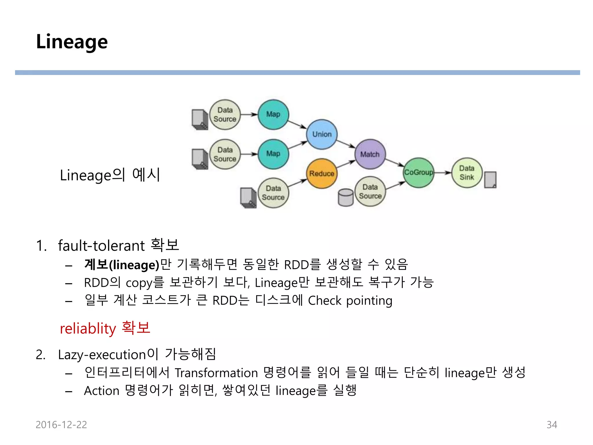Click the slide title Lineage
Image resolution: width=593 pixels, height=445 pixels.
coord(72,42)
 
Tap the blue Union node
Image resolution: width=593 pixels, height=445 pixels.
coord(322,134)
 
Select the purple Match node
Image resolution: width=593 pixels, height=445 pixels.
coord(370,154)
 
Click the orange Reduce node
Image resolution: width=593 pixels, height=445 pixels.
coord(322,174)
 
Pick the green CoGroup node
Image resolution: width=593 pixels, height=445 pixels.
coord(418,172)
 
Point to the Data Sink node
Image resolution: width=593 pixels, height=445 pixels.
coord(467,173)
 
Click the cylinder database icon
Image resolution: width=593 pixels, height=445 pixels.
coord(345,198)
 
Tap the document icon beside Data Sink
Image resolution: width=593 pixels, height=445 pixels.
coord(490,180)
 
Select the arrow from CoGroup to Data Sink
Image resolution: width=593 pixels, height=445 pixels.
coord(443,173)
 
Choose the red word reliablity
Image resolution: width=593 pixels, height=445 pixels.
coord(88,329)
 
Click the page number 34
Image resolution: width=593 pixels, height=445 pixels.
coord(552,425)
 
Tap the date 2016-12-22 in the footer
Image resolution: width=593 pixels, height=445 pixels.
coord(61,425)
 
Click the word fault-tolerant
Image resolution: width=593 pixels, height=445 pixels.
coord(101,246)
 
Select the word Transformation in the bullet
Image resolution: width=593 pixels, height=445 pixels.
coord(216,373)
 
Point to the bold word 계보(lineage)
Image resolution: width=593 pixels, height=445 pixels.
coord(122,265)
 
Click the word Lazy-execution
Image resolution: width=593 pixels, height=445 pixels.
coord(102,355)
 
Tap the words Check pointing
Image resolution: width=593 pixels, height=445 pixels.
coord(350,301)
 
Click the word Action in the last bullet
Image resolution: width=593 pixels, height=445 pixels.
coord(102,391)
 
